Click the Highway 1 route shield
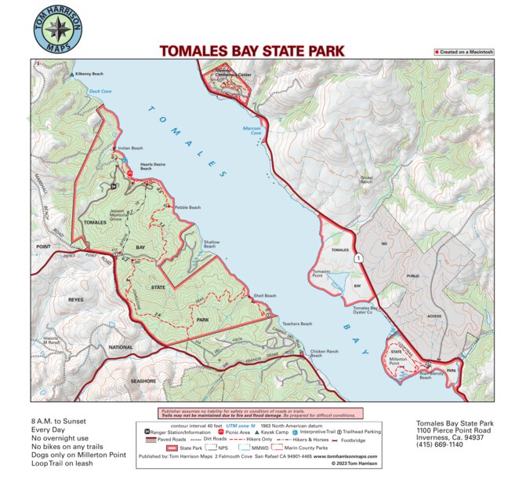(x=358, y=258)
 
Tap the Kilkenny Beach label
(x=89, y=74)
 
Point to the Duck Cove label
(x=100, y=91)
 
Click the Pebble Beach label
(x=187, y=207)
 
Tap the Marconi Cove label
(x=250, y=130)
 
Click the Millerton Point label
(x=400, y=362)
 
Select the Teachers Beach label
(x=297, y=324)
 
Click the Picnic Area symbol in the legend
(x=221, y=432)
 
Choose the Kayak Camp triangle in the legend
(x=257, y=432)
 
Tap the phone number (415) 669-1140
(x=445, y=444)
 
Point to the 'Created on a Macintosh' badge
(x=464, y=52)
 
